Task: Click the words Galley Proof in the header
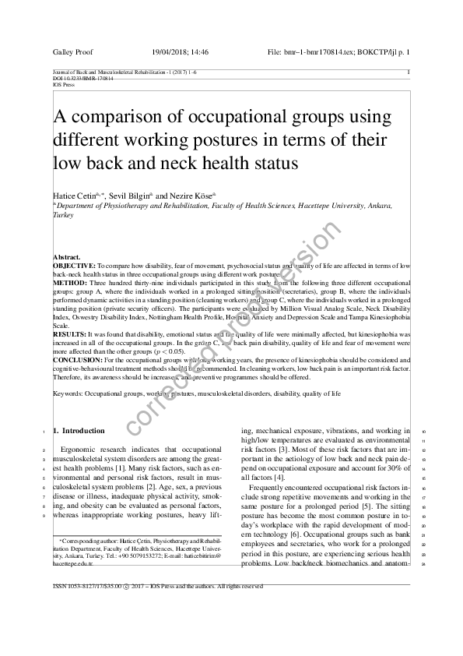tap(72, 51)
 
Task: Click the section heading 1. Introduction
tap(78, 431)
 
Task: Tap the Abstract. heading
tap(66, 257)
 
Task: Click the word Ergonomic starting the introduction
tap(78, 450)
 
